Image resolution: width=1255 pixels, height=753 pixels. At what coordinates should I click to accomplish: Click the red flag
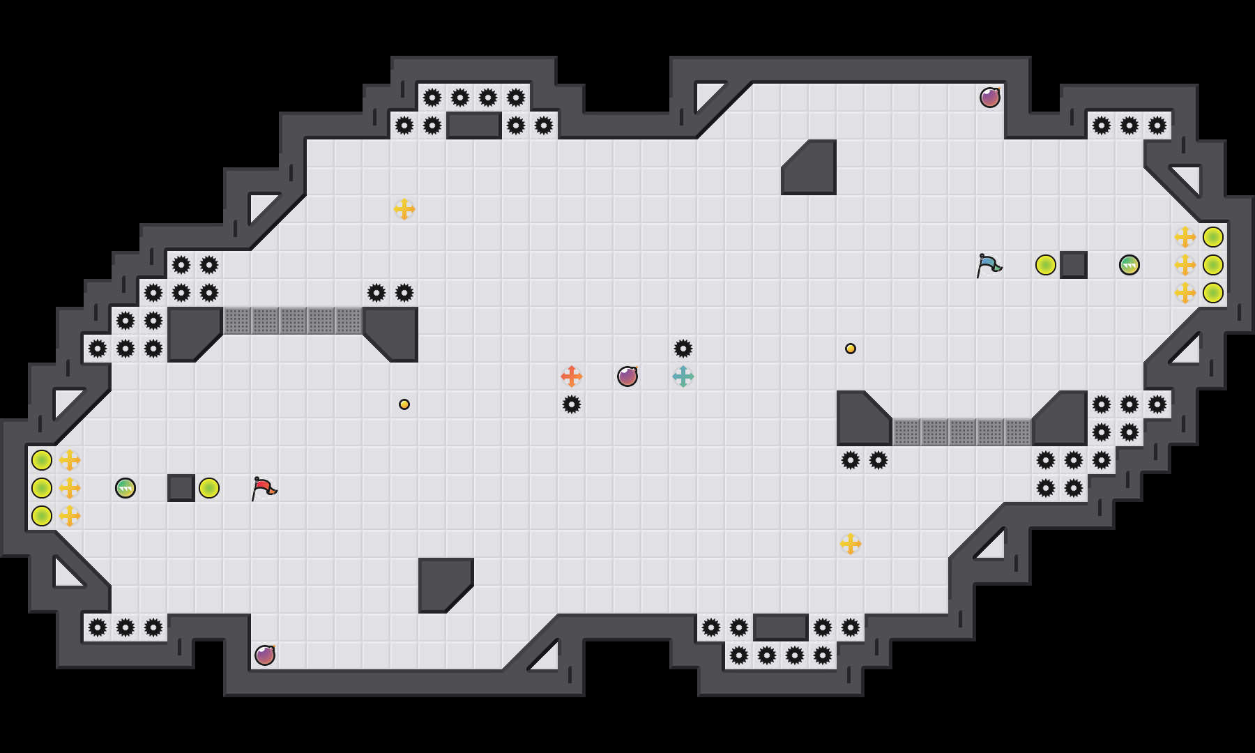tap(264, 488)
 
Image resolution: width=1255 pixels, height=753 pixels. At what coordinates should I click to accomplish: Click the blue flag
tap(989, 265)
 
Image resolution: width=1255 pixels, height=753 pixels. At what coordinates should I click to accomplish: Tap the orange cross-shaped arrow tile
tap(572, 376)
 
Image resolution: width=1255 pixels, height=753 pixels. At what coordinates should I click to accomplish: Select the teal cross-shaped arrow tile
tap(683, 376)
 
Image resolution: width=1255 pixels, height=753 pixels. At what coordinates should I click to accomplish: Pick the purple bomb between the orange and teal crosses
tap(627, 376)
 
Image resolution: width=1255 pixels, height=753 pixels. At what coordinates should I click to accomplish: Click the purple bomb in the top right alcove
tap(990, 98)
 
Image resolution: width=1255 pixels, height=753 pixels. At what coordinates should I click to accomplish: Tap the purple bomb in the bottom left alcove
tap(265, 655)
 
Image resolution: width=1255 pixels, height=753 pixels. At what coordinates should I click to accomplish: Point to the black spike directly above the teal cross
tap(683, 349)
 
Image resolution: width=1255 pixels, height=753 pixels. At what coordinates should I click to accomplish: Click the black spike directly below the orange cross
tap(572, 404)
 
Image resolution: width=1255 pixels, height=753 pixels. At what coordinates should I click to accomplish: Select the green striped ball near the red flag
tap(125, 488)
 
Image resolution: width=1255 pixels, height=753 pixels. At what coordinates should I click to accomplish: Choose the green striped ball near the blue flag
tap(1129, 265)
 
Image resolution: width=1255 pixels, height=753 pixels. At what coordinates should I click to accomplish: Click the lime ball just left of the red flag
tap(209, 488)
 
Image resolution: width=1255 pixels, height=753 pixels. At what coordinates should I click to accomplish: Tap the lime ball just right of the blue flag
tap(1046, 265)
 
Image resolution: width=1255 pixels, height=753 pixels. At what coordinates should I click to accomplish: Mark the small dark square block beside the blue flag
tap(1074, 265)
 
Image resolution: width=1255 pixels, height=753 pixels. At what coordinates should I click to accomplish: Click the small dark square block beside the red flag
tap(181, 488)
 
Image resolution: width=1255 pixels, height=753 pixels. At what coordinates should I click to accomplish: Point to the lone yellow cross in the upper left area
tap(404, 209)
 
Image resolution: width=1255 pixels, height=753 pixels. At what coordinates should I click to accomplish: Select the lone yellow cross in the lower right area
tap(851, 544)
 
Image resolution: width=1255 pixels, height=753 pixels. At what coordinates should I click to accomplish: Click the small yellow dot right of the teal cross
tap(851, 349)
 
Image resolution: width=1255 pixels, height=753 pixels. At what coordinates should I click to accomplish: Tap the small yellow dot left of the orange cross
tap(404, 404)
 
